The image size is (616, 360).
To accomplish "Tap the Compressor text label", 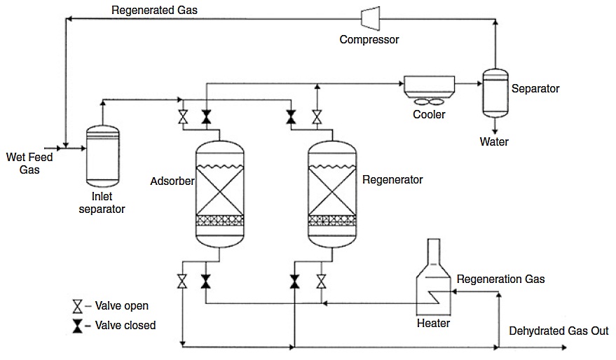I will click(369, 39).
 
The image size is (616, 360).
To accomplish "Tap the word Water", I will click(494, 142).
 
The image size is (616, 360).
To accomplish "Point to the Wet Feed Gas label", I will click(29, 163).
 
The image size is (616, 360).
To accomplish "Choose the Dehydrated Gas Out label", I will click(559, 331).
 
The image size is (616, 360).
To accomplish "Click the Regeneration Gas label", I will click(500, 279).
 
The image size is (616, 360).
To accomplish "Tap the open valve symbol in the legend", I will click(77, 307).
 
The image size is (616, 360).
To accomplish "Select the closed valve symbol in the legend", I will click(77, 326).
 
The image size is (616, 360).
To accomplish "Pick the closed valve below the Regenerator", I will click(294, 282).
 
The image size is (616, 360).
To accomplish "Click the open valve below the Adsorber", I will click(182, 282).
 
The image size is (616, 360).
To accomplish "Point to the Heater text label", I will click(433, 323).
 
